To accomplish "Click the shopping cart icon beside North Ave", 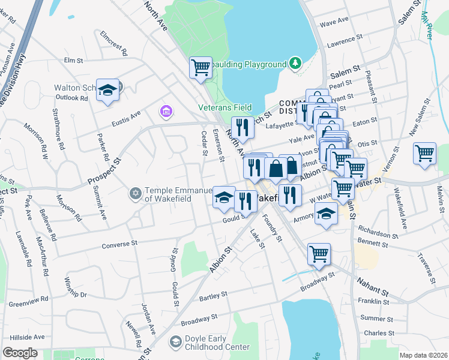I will (201, 67).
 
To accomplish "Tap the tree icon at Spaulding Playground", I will (295, 63).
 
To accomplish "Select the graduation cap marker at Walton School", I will (107, 91).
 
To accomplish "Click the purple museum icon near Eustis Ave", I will (165, 112).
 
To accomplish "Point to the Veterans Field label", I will (225, 108).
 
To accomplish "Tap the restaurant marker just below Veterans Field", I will (243, 127).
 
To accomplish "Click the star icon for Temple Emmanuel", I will (135, 193).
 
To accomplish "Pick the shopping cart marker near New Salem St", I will (424, 152).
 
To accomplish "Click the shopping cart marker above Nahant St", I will (319, 254).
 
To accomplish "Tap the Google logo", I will (20, 353).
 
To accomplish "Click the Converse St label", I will (120, 245).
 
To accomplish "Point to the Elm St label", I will (73, 60).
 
